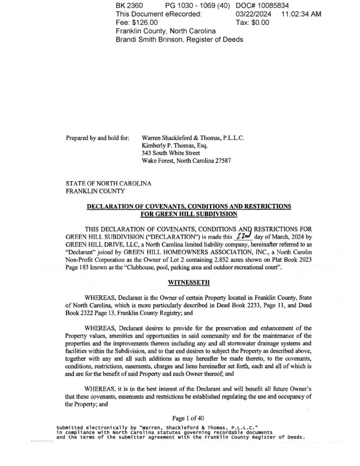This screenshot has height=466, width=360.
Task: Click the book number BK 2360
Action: [x=129, y=5]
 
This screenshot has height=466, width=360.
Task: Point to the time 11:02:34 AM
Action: [x=301, y=14]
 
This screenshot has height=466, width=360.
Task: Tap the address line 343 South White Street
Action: [x=171, y=153]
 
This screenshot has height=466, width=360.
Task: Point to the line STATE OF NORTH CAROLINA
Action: [x=108, y=183]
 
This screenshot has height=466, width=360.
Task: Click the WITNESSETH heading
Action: [x=189, y=283]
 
